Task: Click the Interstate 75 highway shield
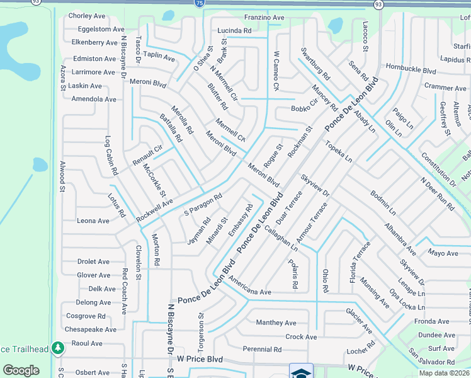click(x=200, y=4)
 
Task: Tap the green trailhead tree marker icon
click(x=58, y=348)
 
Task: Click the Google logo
click(x=21, y=370)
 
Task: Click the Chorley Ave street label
click(x=87, y=16)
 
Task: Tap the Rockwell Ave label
click(x=155, y=210)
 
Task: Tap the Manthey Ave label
click(x=276, y=323)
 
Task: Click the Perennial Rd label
click(x=262, y=349)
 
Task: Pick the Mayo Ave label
click(x=443, y=253)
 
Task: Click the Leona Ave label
click(x=93, y=221)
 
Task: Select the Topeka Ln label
click(x=339, y=152)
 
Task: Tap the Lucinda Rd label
click(x=234, y=31)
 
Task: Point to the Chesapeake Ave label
click(x=91, y=329)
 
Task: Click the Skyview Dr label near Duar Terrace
click(x=315, y=185)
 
